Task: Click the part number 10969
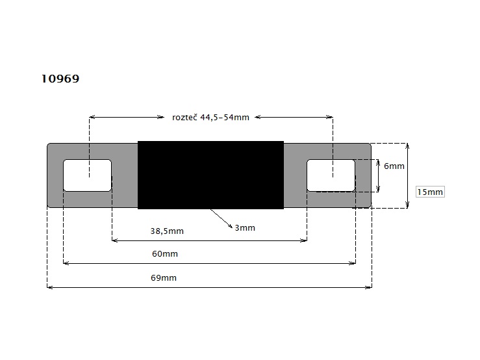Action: pos(60,79)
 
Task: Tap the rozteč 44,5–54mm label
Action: pos(210,118)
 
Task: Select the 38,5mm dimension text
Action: pos(167,231)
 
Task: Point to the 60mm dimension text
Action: pos(165,253)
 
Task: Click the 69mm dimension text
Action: pos(164,278)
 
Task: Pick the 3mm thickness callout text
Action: pos(245,228)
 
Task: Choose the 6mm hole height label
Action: pos(394,166)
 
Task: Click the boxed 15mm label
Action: pos(430,192)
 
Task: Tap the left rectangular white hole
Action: pos(87,175)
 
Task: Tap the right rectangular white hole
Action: pos(331,175)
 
